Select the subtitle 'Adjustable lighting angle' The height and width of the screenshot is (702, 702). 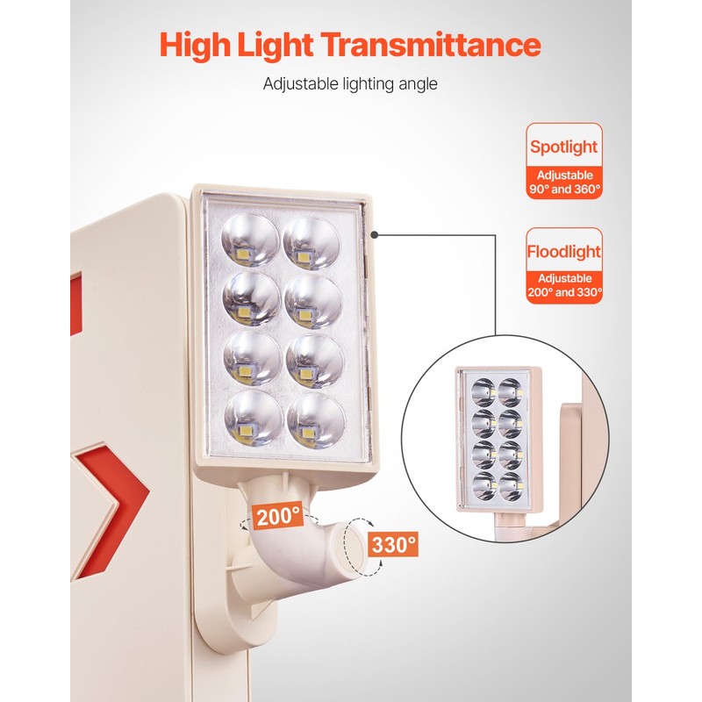pos(350,84)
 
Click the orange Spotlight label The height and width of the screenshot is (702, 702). pos(563,147)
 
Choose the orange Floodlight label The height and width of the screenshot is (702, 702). pos(563,252)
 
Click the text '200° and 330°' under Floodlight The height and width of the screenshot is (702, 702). pos(564,293)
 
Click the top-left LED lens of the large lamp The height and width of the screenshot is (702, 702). pos(249,241)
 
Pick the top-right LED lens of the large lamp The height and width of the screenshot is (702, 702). pos(312,241)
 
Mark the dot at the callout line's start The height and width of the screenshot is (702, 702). pos(376,234)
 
